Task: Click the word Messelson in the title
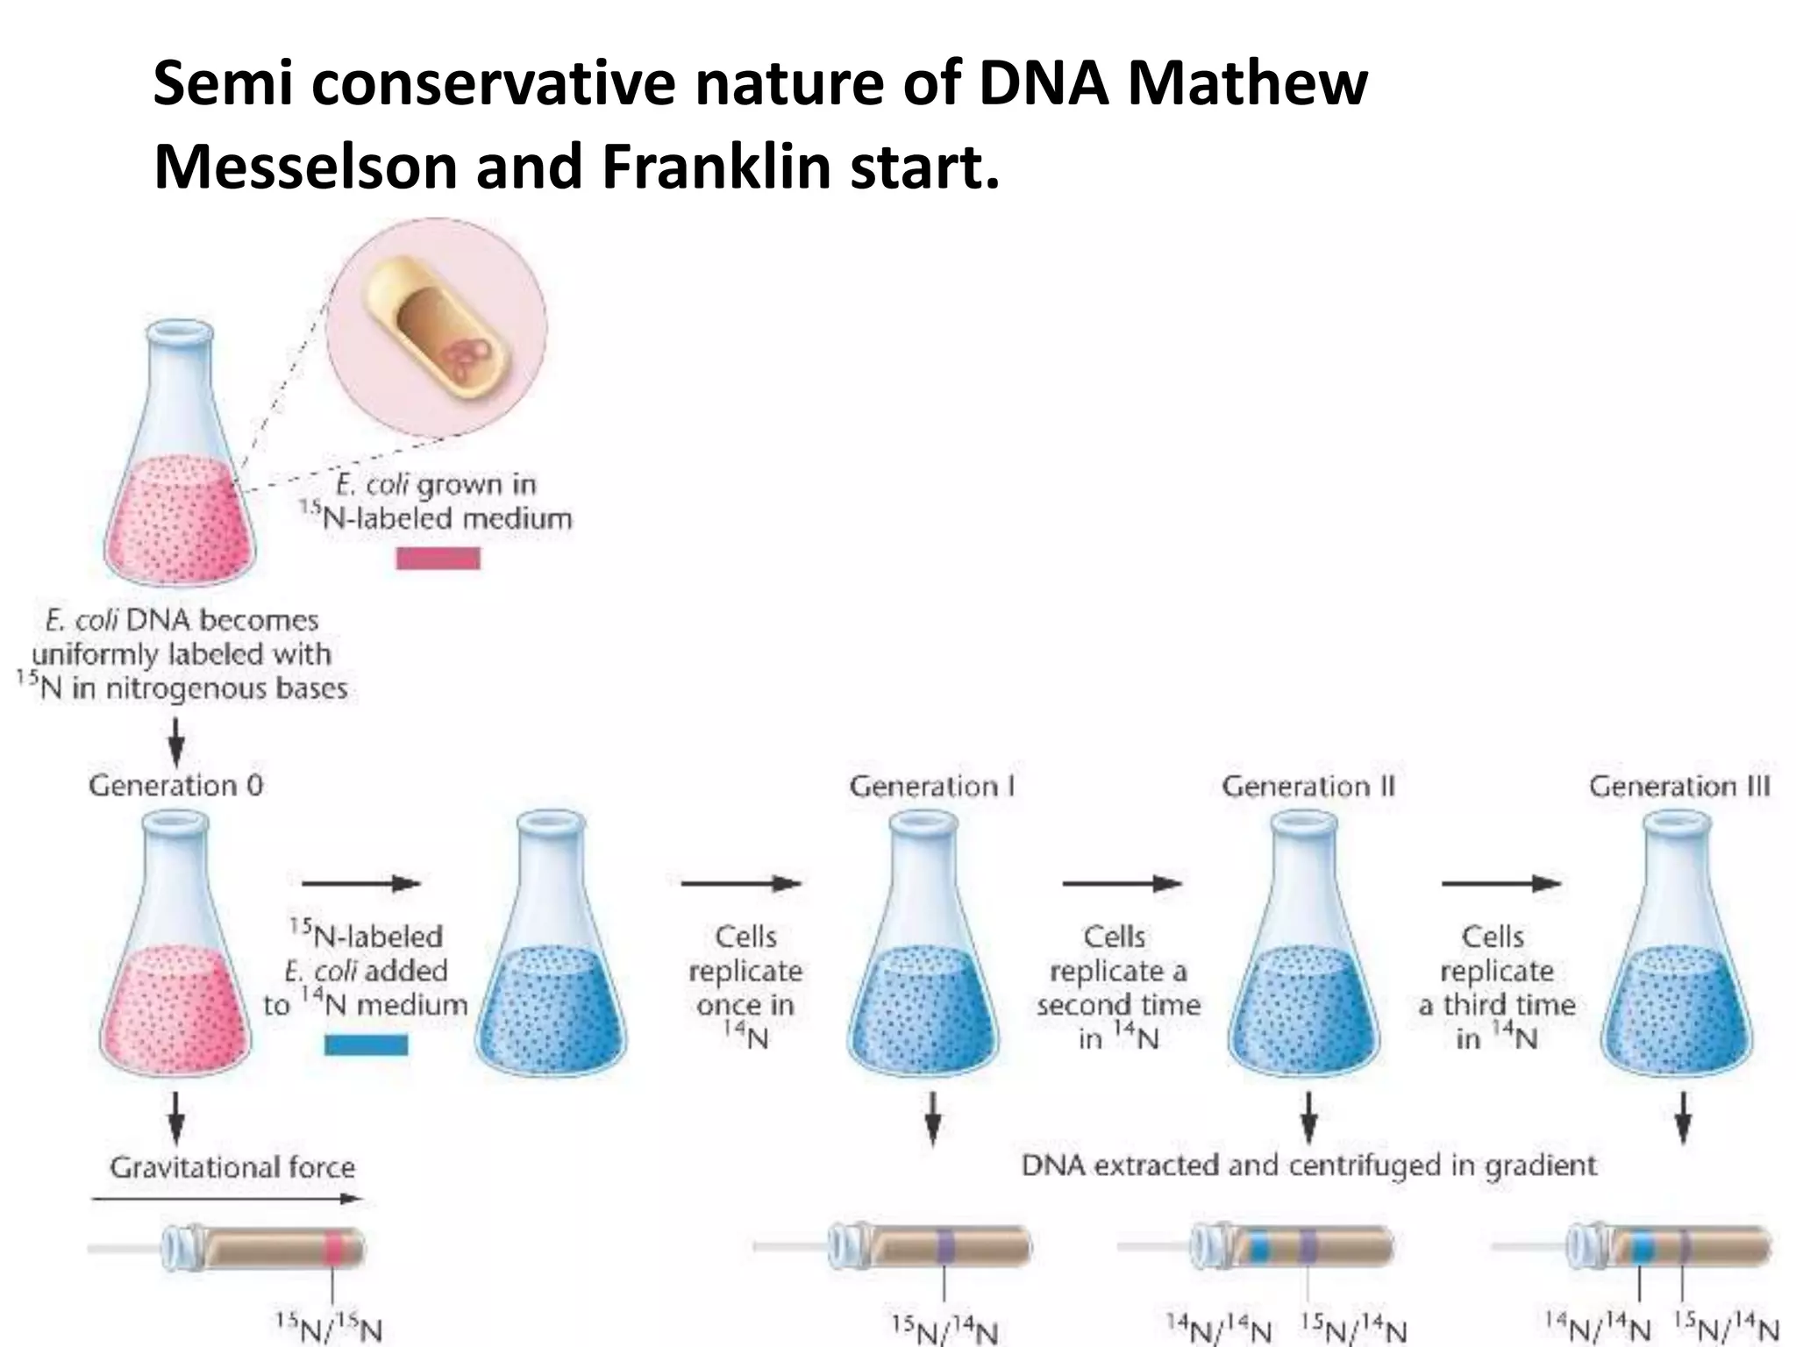(x=306, y=167)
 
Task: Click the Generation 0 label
(x=175, y=785)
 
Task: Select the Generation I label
(x=932, y=787)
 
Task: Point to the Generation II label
(x=1308, y=787)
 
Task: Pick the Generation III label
(x=1679, y=787)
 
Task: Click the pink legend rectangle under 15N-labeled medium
(x=438, y=559)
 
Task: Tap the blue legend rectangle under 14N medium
(x=366, y=1045)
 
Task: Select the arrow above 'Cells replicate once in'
(x=741, y=884)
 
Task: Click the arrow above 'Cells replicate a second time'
(x=1122, y=884)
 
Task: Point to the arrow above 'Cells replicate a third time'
(x=1501, y=884)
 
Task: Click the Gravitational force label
(x=232, y=1167)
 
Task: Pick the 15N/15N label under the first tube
(x=329, y=1327)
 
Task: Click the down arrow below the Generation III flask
(x=1683, y=1119)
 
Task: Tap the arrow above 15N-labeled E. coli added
(x=360, y=884)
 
